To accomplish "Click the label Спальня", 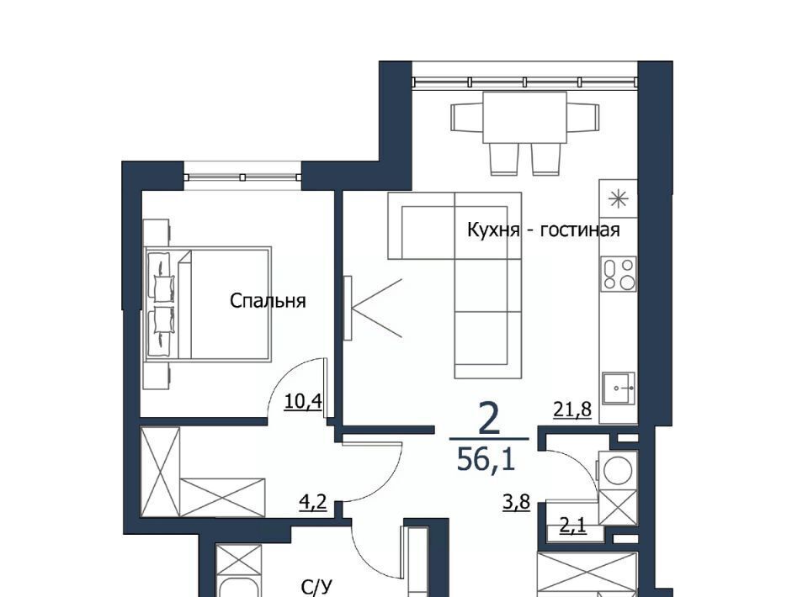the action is [268, 300].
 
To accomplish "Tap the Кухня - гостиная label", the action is [543, 230].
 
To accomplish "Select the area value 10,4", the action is [303, 401].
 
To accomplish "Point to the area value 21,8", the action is [572, 409].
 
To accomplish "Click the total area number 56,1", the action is [486, 459].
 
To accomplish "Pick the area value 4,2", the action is [313, 501].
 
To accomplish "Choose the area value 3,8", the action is [516, 501].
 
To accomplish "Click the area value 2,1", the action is [573, 526].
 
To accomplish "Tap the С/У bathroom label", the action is [317, 587].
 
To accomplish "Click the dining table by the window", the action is [524, 118].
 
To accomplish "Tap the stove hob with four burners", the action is [619, 273].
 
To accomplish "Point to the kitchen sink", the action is [619, 389].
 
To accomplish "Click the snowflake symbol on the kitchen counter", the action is [618, 198].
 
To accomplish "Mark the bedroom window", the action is [242, 177].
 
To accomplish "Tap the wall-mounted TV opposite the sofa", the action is [348, 308].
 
